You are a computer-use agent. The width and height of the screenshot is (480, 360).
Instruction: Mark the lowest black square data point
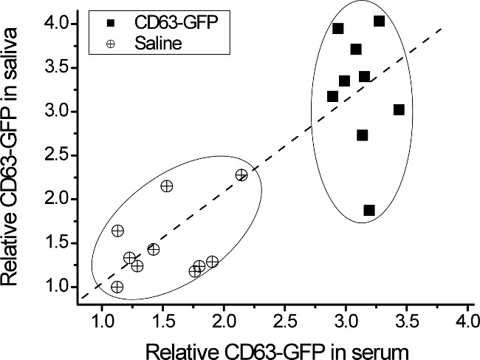369,211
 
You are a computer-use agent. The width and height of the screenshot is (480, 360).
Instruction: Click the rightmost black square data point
399,109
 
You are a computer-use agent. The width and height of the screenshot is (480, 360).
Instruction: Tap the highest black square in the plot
380,21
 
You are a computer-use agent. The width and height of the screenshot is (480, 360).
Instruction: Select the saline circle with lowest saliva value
117,287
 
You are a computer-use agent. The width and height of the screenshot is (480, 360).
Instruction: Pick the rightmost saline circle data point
241,175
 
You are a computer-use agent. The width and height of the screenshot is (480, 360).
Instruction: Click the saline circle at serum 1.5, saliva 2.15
167,186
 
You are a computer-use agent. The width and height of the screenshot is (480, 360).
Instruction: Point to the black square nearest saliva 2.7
362,135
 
